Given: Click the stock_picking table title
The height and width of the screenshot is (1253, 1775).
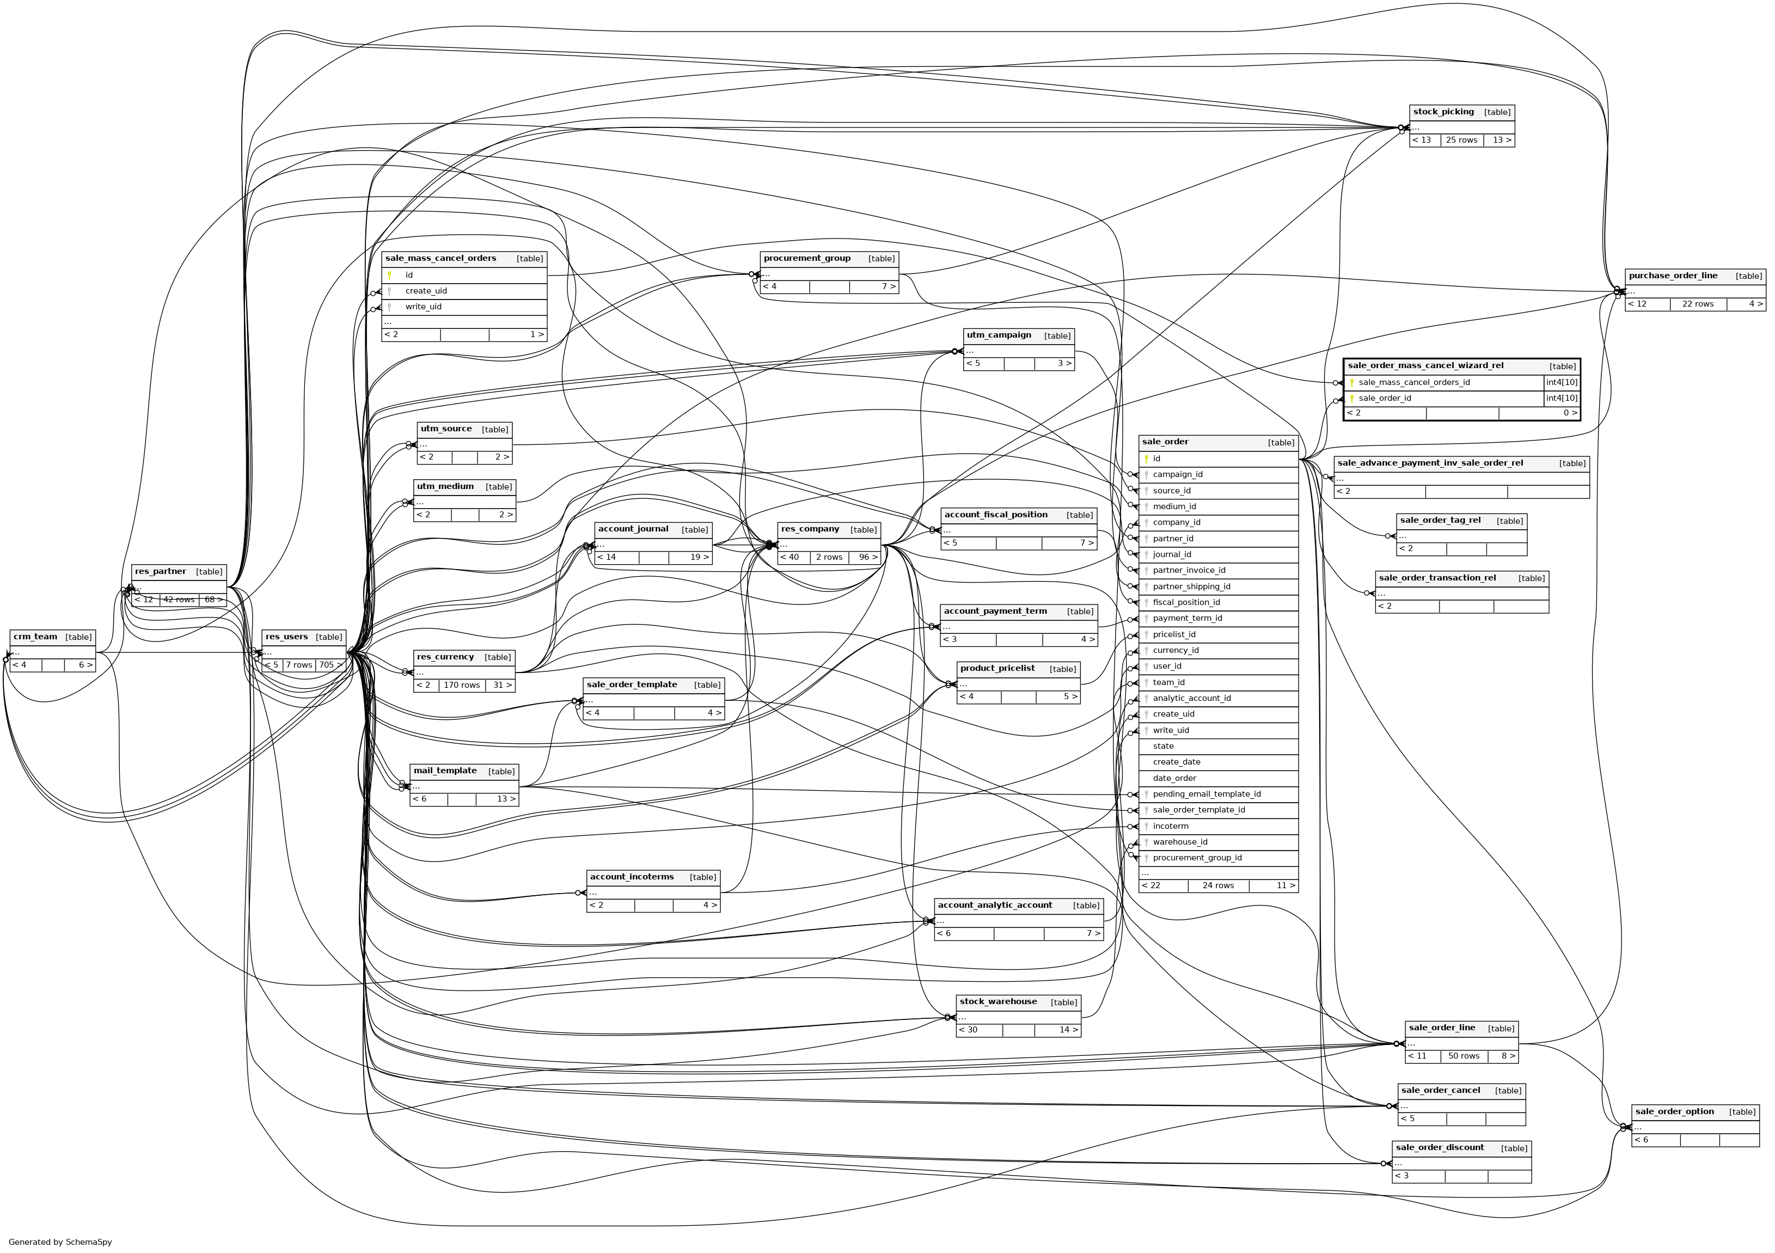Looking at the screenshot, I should pyautogui.click(x=1442, y=112).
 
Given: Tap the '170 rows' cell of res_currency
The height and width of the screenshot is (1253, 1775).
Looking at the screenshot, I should pyautogui.click(x=462, y=685).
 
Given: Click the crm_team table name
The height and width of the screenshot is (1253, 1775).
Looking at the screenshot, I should pyautogui.click(x=35, y=637).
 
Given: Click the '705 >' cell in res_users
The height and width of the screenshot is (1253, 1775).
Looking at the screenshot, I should pyautogui.click(x=330, y=665).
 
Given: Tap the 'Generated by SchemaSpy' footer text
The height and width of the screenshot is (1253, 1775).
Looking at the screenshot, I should pyautogui.click(x=60, y=1242).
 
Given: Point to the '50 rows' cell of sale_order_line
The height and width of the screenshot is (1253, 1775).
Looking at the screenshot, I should pyautogui.click(x=1464, y=1056).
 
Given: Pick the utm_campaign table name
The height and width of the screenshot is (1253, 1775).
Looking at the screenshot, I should pyautogui.click(x=999, y=335).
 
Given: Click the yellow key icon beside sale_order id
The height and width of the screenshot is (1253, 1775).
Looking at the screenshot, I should pyautogui.click(x=1147, y=459).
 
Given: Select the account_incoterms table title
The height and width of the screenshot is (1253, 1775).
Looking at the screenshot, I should pyautogui.click(x=632, y=877).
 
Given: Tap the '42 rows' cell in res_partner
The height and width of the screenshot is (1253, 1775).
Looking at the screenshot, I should pyautogui.click(x=179, y=600).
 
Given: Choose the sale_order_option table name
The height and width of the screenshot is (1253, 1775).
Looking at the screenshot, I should pyautogui.click(x=1674, y=1111).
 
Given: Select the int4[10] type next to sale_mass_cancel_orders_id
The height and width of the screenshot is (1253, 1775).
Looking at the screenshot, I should pyautogui.click(x=1562, y=382).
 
